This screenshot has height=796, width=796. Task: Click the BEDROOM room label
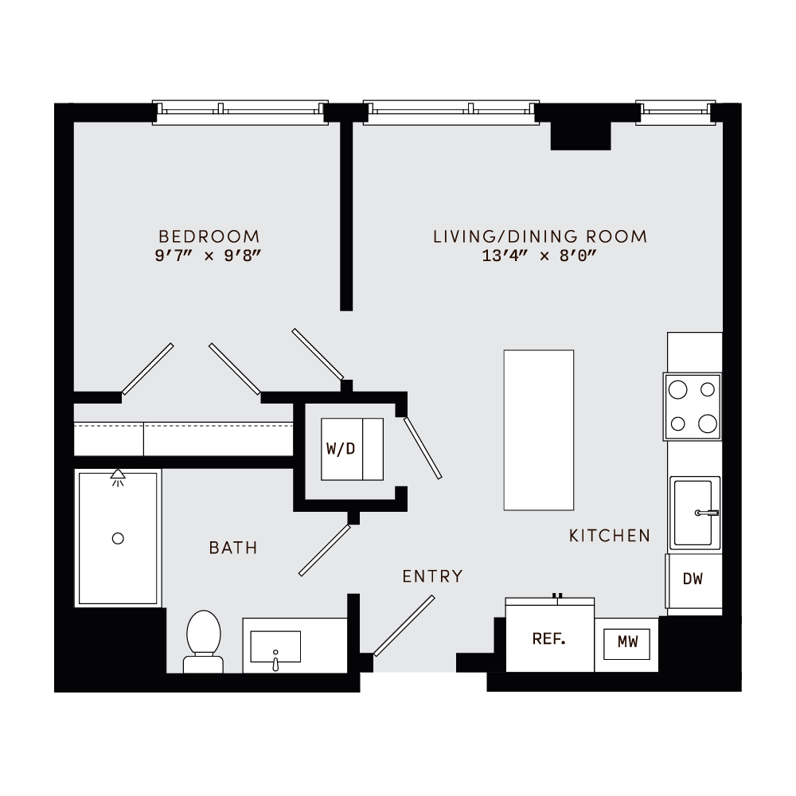(209, 236)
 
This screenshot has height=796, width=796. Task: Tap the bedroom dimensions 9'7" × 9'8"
(209, 256)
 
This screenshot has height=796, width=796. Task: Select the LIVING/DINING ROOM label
(540, 236)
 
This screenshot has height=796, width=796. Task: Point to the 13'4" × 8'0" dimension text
(540, 256)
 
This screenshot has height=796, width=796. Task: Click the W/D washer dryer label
(341, 449)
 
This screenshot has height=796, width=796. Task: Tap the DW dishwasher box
(693, 579)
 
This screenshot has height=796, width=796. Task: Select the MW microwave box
(628, 642)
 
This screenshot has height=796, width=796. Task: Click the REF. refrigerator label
(548, 639)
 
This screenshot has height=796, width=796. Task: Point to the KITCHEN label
(610, 536)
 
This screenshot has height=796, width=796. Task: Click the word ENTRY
(432, 576)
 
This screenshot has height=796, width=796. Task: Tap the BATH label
(233, 548)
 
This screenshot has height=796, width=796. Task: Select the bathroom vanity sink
(275, 646)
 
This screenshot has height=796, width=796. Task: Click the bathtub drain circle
(118, 538)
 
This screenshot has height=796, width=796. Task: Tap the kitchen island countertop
(539, 430)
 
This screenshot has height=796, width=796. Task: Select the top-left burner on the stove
(678, 390)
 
